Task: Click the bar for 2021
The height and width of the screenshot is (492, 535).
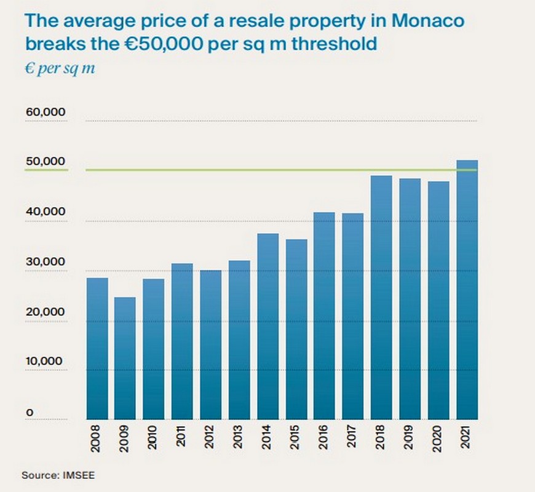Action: (x=467, y=289)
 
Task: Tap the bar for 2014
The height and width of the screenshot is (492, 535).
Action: (x=267, y=326)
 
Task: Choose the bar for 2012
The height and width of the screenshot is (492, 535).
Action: (x=211, y=344)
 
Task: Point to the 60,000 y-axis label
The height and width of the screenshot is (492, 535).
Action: (x=45, y=113)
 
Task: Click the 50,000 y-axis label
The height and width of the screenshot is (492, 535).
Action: (x=45, y=162)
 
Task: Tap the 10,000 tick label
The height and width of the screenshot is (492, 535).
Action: (x=45, y=361)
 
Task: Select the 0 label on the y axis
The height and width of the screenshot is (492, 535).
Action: (x=28, y=411)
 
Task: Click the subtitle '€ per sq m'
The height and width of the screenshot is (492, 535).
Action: (x=60, y=67)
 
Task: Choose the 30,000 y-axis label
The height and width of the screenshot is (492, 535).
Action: (x=45, y=261)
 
